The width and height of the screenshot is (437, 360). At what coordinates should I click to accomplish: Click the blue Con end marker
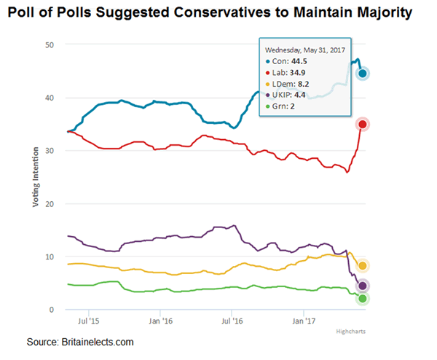[x=362, y=73]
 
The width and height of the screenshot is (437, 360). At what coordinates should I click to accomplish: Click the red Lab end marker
[x=362, y=125]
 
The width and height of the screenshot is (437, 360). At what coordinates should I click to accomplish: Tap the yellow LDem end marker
[x=362, y=266]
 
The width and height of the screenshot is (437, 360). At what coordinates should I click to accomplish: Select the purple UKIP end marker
[x=362, y=286]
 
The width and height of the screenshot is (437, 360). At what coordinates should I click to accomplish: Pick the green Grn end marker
[x=362, y=298]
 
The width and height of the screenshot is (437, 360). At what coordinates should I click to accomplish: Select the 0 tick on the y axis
[x=52, y=310]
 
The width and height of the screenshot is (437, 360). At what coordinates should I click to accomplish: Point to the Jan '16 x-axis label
[x=160, y=320]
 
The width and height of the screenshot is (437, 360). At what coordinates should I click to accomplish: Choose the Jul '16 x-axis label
[x=231, y=320]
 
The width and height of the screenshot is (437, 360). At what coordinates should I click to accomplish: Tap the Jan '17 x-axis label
[x=303, y=320]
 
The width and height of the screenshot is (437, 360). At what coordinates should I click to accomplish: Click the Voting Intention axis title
[x=34, y=179]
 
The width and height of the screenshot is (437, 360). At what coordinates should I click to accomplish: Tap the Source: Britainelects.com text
[x=80, y=342]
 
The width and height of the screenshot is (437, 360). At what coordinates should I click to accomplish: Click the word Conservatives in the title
[x=230, y=12]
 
